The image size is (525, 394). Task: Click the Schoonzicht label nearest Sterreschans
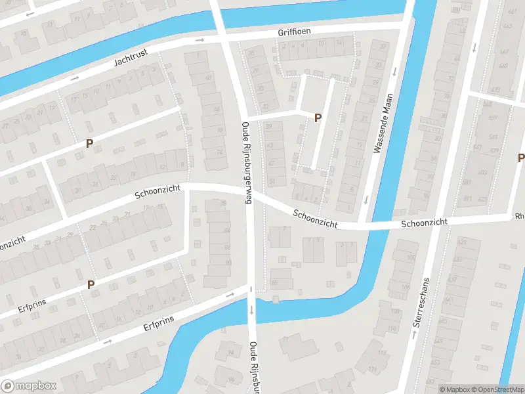click(x=424, y=223)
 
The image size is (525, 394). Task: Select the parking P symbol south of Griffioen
click(x=318, y=118)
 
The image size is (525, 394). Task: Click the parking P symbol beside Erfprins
click(x=91, y=284)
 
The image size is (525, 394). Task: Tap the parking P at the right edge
click(x=521, y=158)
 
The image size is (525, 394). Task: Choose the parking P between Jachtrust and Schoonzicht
click(x=89, y=143)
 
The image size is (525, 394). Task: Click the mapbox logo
click(x=28, y=386)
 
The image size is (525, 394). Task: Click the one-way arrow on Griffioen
click(x=199, y=39)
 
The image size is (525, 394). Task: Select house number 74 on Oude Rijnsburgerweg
click(x=219, y=152)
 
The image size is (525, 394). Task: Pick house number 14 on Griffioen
click(x=339, y=43)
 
